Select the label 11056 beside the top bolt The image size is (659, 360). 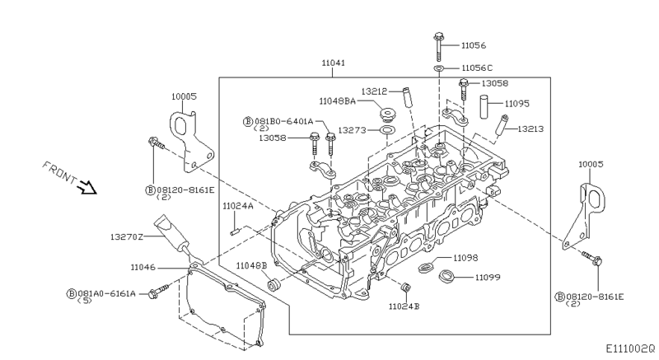(x=474, y=46)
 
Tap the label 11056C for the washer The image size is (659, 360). (x=477, y=68)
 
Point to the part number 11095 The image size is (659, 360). (x=517, y=104)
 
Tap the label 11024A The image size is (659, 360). (x=237, y=207)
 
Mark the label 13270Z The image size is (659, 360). (x=128, y=236)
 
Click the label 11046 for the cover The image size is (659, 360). (x=145, y=267)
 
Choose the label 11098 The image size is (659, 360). (x=465, y=259)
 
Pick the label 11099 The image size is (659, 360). (x=487, y=278)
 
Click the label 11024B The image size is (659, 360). (x=404, y=306)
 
